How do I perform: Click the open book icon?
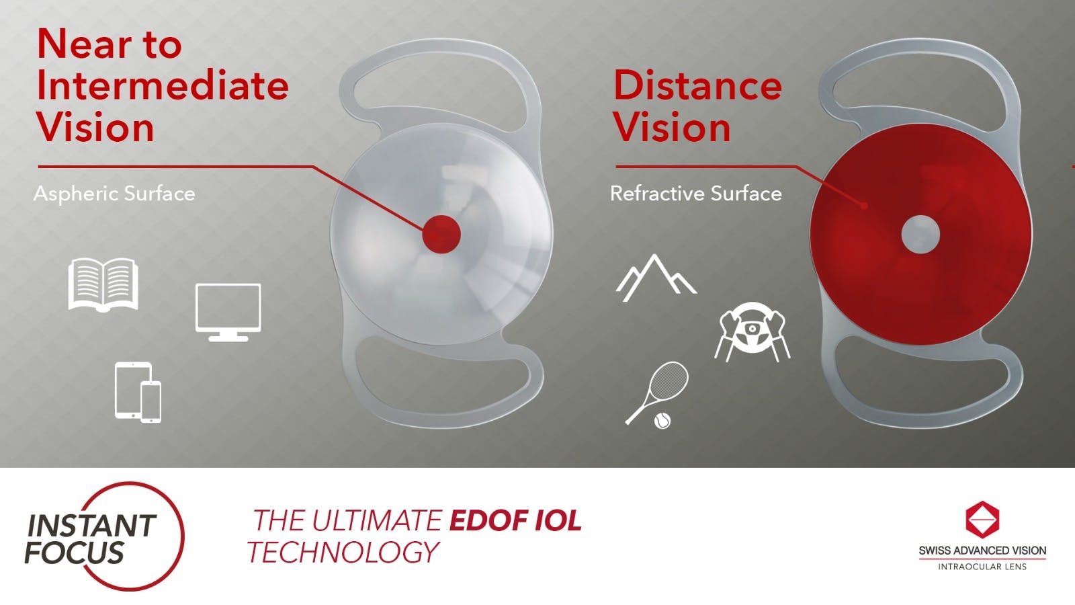click(103, 285)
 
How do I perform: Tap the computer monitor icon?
click(228, 311)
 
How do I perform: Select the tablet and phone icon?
click(138, 392)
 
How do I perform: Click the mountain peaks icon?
click(655, 277)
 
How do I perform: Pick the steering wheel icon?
click(752, 331)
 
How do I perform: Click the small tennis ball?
click(662, 421)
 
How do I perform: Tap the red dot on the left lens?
click(441, 234)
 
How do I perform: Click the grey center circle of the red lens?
click(920, 235)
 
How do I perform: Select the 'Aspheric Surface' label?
click(114, 194)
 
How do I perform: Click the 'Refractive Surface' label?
click(695, 194)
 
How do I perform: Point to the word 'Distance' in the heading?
click(697, 86)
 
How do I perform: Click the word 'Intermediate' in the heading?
click(163, 86)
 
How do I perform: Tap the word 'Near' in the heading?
click(75, 44)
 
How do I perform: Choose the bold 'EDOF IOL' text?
click(515, 521)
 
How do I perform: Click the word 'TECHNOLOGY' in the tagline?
click(343, 553)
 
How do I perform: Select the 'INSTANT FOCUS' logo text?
click(91, 538)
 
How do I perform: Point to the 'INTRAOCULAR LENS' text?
click(982, 567)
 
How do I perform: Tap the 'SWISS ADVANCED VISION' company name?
click(982, 551)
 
